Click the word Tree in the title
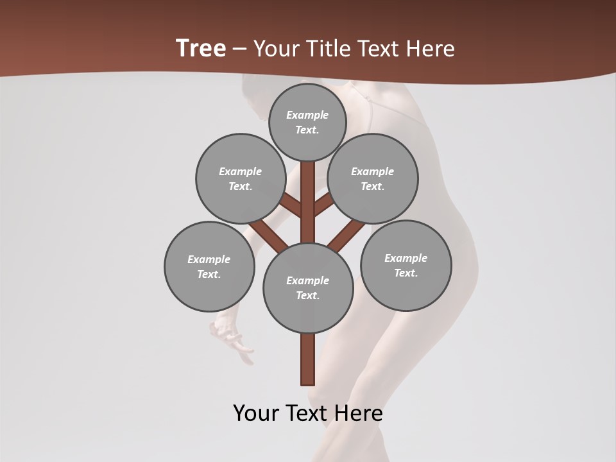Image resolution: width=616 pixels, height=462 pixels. point(201,48)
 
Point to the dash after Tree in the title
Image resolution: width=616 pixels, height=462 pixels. point(239,49)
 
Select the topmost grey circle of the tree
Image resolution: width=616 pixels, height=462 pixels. point(307,122)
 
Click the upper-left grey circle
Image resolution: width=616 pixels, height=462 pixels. point(241,178)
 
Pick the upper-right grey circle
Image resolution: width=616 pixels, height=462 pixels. point(373,178)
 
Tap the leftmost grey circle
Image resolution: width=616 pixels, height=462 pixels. point(209,266)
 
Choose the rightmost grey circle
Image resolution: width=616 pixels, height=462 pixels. point(406,265)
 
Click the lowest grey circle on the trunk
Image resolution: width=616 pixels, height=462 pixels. point(308,287)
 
